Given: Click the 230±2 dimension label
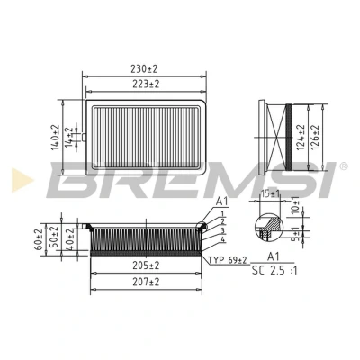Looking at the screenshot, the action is [x=144, y=69].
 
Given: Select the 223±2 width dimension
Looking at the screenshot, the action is [x=146, y=85].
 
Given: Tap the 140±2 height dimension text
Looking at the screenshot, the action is [x=56, y=138].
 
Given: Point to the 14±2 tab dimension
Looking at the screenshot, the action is [x=69, y=136].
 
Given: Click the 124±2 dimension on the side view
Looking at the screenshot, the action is [x=301, y=137].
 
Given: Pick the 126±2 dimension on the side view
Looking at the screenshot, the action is [x=315, y=137].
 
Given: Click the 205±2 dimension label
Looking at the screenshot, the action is [x=146, y=265].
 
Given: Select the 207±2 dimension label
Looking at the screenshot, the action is [x=146, y=282].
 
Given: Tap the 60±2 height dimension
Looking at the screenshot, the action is [x=40, y=239].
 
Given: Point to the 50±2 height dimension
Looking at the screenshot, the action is [x=55, y=237].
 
